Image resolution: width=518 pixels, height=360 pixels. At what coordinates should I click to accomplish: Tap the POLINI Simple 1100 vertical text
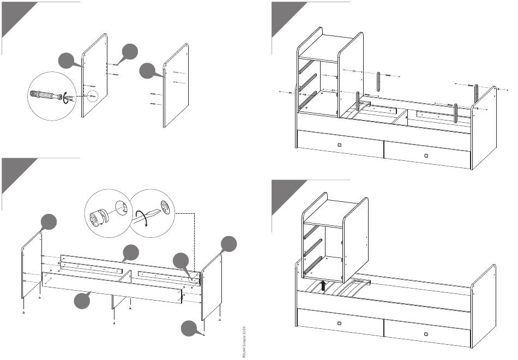pyautogui.click(x=242, y=341)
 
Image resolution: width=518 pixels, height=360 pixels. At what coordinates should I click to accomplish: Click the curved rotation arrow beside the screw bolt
pyautogui.click(x=65, y=98)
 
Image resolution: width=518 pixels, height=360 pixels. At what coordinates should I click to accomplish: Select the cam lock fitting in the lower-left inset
pyautogui.click(x=99, y=217)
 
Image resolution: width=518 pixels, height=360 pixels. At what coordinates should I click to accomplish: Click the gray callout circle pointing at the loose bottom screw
pyautogui.click(x=189, y=329)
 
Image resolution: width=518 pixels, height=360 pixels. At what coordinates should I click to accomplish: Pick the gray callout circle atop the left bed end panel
pyautogui.click(x=49, y=223)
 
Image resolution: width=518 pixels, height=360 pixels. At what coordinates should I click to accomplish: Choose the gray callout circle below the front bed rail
pyautogui.click(x=82, y=301)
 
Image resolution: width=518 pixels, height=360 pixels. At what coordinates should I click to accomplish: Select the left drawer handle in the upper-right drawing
pyautogui.click(x=340, y=145)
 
